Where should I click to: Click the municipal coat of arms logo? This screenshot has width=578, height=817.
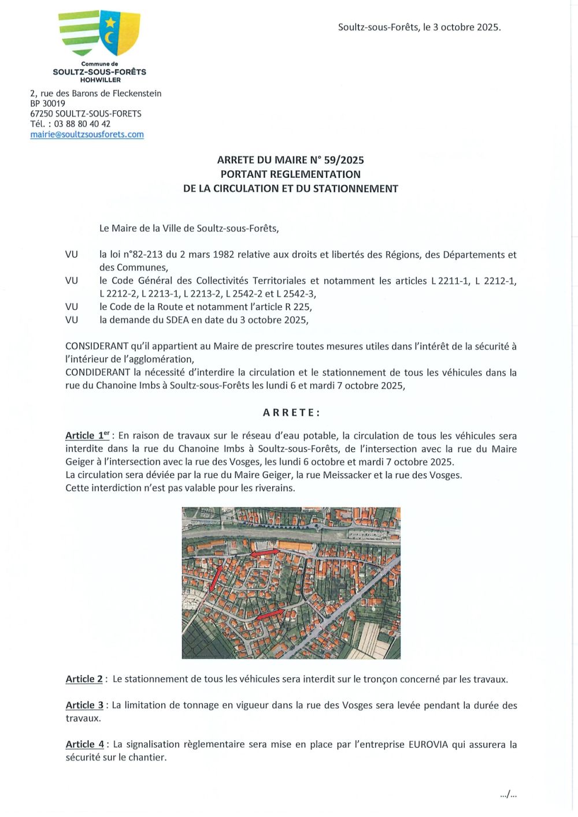point(99,33)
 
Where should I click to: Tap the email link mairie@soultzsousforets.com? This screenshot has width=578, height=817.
point(87,135)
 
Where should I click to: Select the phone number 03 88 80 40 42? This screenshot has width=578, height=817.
point(82,124)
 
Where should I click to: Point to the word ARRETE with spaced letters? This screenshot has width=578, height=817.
point(291,413)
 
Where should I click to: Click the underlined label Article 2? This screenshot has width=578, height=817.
point(84,680)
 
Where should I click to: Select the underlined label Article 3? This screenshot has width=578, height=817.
point(84,706)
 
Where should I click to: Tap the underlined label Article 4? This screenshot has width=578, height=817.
point(84,745)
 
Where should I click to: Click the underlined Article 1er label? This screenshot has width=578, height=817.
point(87,436)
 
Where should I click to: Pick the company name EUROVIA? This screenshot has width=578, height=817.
point(428,745)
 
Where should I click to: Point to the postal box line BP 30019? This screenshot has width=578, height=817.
point(47,104)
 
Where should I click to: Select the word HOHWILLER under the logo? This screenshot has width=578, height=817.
point(100,80)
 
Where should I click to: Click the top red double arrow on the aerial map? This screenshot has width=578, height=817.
point(264,553)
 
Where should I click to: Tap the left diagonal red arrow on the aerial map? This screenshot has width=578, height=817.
point(216,577)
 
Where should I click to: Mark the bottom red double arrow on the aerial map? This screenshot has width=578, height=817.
point(270,614)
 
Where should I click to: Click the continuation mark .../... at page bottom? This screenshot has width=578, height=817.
point(508,795)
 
